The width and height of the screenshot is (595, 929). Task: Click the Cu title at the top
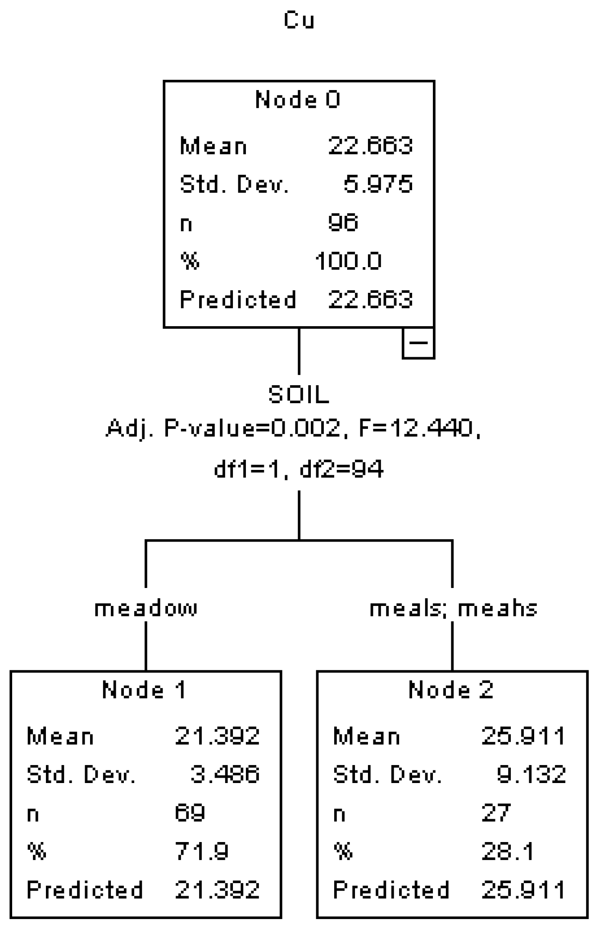pos(299,20)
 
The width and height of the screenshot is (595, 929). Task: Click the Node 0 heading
pos(298,99)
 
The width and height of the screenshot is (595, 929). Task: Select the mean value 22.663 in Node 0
pos(370,146)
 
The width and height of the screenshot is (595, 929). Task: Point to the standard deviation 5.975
pos(378,184)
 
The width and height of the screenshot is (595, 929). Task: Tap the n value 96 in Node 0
pos(343,222)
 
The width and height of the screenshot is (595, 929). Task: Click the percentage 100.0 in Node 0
pos(348,261)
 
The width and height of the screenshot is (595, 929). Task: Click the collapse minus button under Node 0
pos(418,343)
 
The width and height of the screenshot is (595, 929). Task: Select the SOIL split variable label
pos(299,395)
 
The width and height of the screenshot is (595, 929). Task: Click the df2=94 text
pos(341,469)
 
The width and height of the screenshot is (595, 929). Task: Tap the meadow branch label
pos(146,608)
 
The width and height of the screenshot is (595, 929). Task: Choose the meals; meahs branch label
pos(454,608)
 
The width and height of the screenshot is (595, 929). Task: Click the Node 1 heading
pos(144,689)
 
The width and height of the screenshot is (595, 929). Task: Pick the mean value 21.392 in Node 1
pos(217,736)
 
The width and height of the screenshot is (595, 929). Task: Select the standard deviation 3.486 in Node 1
pos(225,774)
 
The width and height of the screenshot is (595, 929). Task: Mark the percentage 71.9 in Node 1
pos(202,851)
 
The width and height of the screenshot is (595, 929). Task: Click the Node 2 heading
pos(451,689)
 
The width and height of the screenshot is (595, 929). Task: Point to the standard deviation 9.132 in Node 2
pos(531,774)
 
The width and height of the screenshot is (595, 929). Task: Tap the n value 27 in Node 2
pos(496,813)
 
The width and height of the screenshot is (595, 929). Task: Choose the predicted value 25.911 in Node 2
pos(523,890)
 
